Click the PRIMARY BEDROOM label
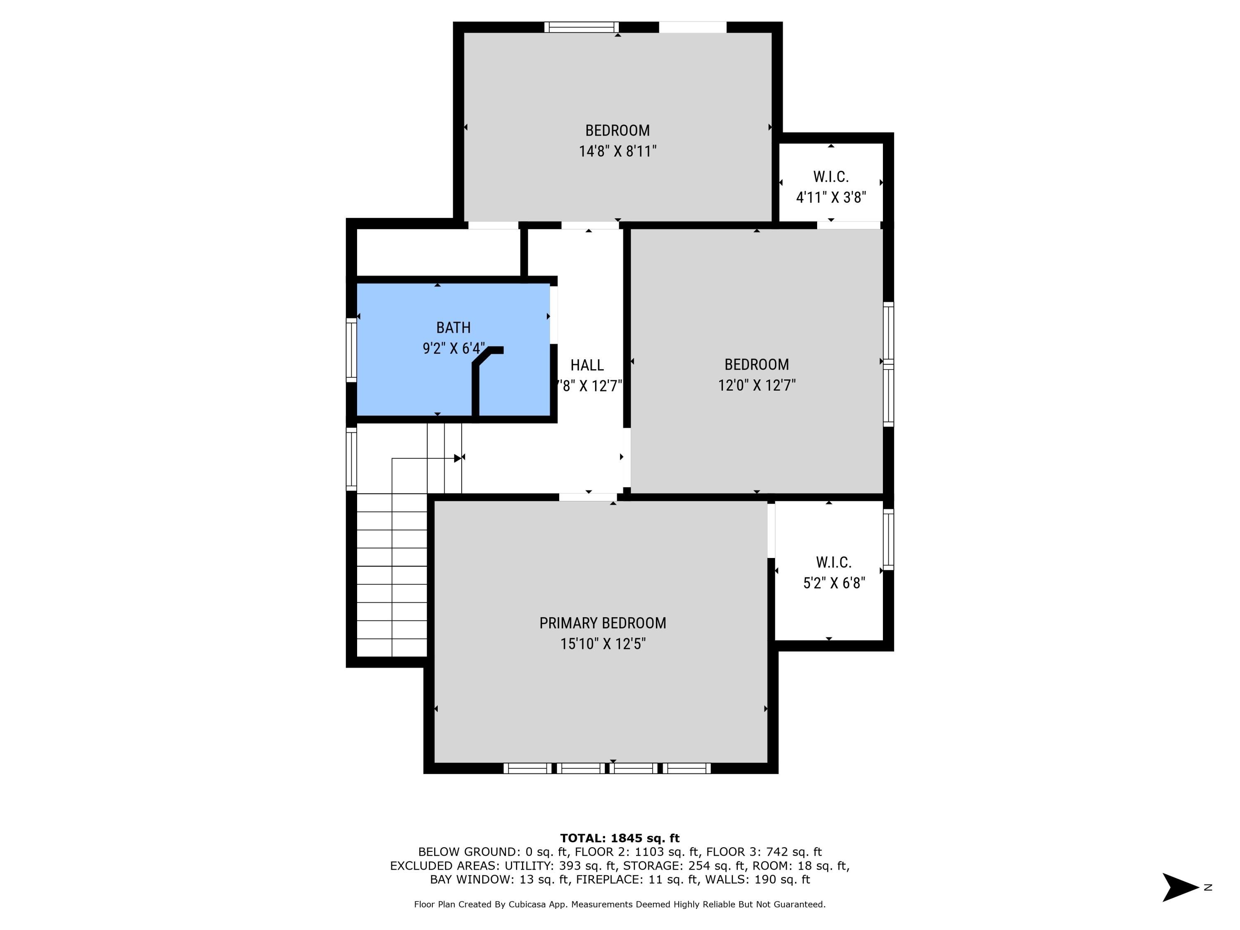(x=603, y=623)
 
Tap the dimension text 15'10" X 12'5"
(x=603, y=644)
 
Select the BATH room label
(x=453, y=327)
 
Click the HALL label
(x=587, y=365)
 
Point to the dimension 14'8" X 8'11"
(x=617, y=151)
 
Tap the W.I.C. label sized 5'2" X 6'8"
(x=834, y=562)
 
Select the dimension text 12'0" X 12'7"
(x=756, y=385)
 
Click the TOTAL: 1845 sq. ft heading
(x=620, y=838)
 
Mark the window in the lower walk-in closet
(x=888, y=539)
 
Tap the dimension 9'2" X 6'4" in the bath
(x=453, y=349)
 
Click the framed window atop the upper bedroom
(x=581, y=27)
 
